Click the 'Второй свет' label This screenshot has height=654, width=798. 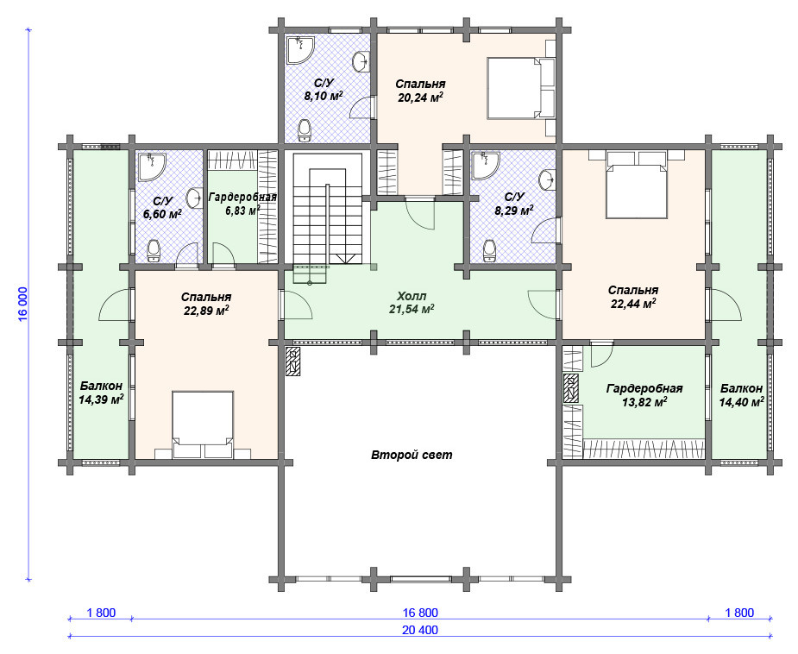point(412,455)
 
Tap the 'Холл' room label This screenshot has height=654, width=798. point(412,296)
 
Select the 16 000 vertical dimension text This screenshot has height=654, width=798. point(23,304)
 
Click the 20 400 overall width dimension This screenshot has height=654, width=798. point(420,630)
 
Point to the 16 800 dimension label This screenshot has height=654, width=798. point(420,613)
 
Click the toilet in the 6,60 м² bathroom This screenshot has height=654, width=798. point(154,250)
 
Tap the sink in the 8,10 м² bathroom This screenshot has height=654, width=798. point(361,61)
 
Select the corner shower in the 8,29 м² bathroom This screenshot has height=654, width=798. point(485,165)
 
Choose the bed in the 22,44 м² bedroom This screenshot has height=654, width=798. point(636,185)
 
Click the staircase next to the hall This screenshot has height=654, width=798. point(327,219)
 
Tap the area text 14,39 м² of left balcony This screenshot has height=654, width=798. point(101,400)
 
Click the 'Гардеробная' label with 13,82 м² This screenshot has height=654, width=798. point(644,389)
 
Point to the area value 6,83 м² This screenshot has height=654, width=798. point(242,211)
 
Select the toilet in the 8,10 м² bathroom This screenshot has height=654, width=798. point(305,131)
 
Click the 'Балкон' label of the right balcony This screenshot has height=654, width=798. point(742,389)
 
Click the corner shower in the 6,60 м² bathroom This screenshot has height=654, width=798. point(152,167)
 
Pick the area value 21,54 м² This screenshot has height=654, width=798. point(412,309)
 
